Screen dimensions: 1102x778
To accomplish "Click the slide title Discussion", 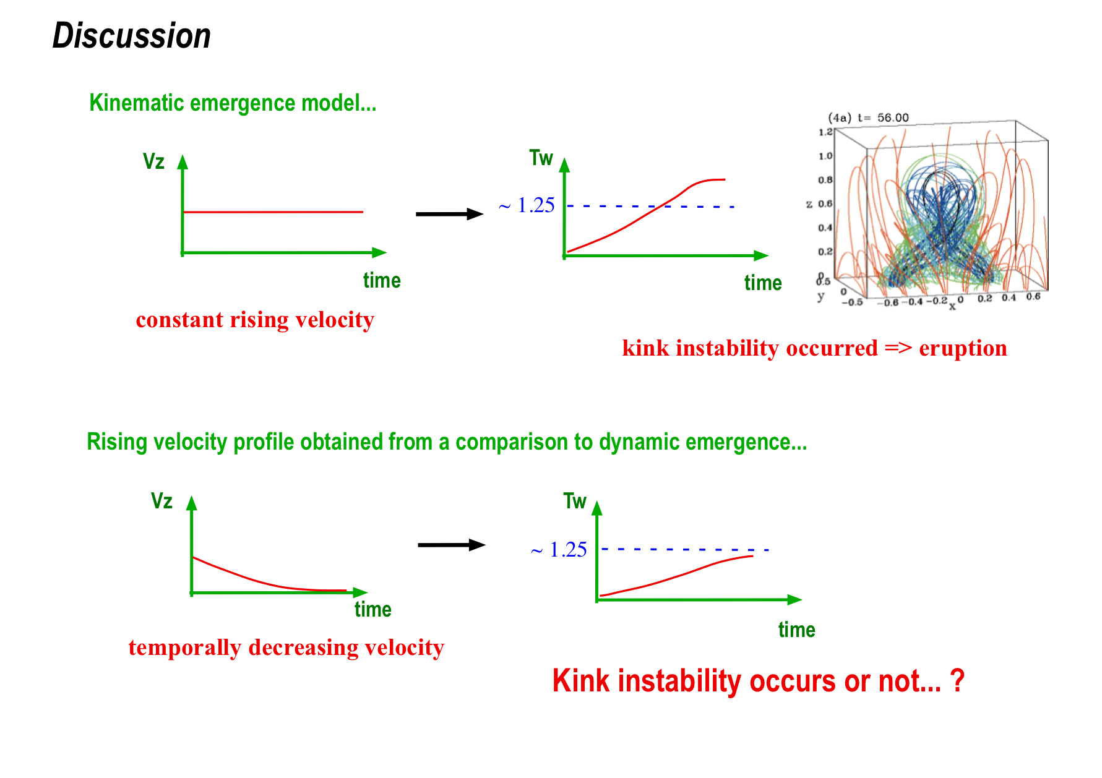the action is coord(132,36).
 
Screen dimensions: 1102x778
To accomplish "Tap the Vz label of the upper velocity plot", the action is coord(153,161).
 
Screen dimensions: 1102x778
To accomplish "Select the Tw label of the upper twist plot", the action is coord(541,158).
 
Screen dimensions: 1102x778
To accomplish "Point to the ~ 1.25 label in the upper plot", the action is coord(527,205).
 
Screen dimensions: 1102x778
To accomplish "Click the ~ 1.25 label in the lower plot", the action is coord(559,550).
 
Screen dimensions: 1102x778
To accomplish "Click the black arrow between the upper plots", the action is coord(450,214).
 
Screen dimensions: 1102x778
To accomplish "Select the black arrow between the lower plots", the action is coord(452,545).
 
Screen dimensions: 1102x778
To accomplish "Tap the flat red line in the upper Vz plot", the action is coord(273,212).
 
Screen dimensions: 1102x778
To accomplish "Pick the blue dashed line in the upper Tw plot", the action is coord(650,206).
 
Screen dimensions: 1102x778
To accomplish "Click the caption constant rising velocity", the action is coord(255,320).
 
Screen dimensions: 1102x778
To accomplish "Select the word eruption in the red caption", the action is coord(963,348).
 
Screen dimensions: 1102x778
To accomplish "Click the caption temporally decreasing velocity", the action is coord(286,648).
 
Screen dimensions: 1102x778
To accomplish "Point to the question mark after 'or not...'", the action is coord(957,680).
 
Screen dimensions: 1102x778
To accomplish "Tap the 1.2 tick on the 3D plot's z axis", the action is coord(825,132).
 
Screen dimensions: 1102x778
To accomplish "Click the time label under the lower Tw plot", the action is coord(797,630).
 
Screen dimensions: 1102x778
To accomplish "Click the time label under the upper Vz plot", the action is coord(382,280).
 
